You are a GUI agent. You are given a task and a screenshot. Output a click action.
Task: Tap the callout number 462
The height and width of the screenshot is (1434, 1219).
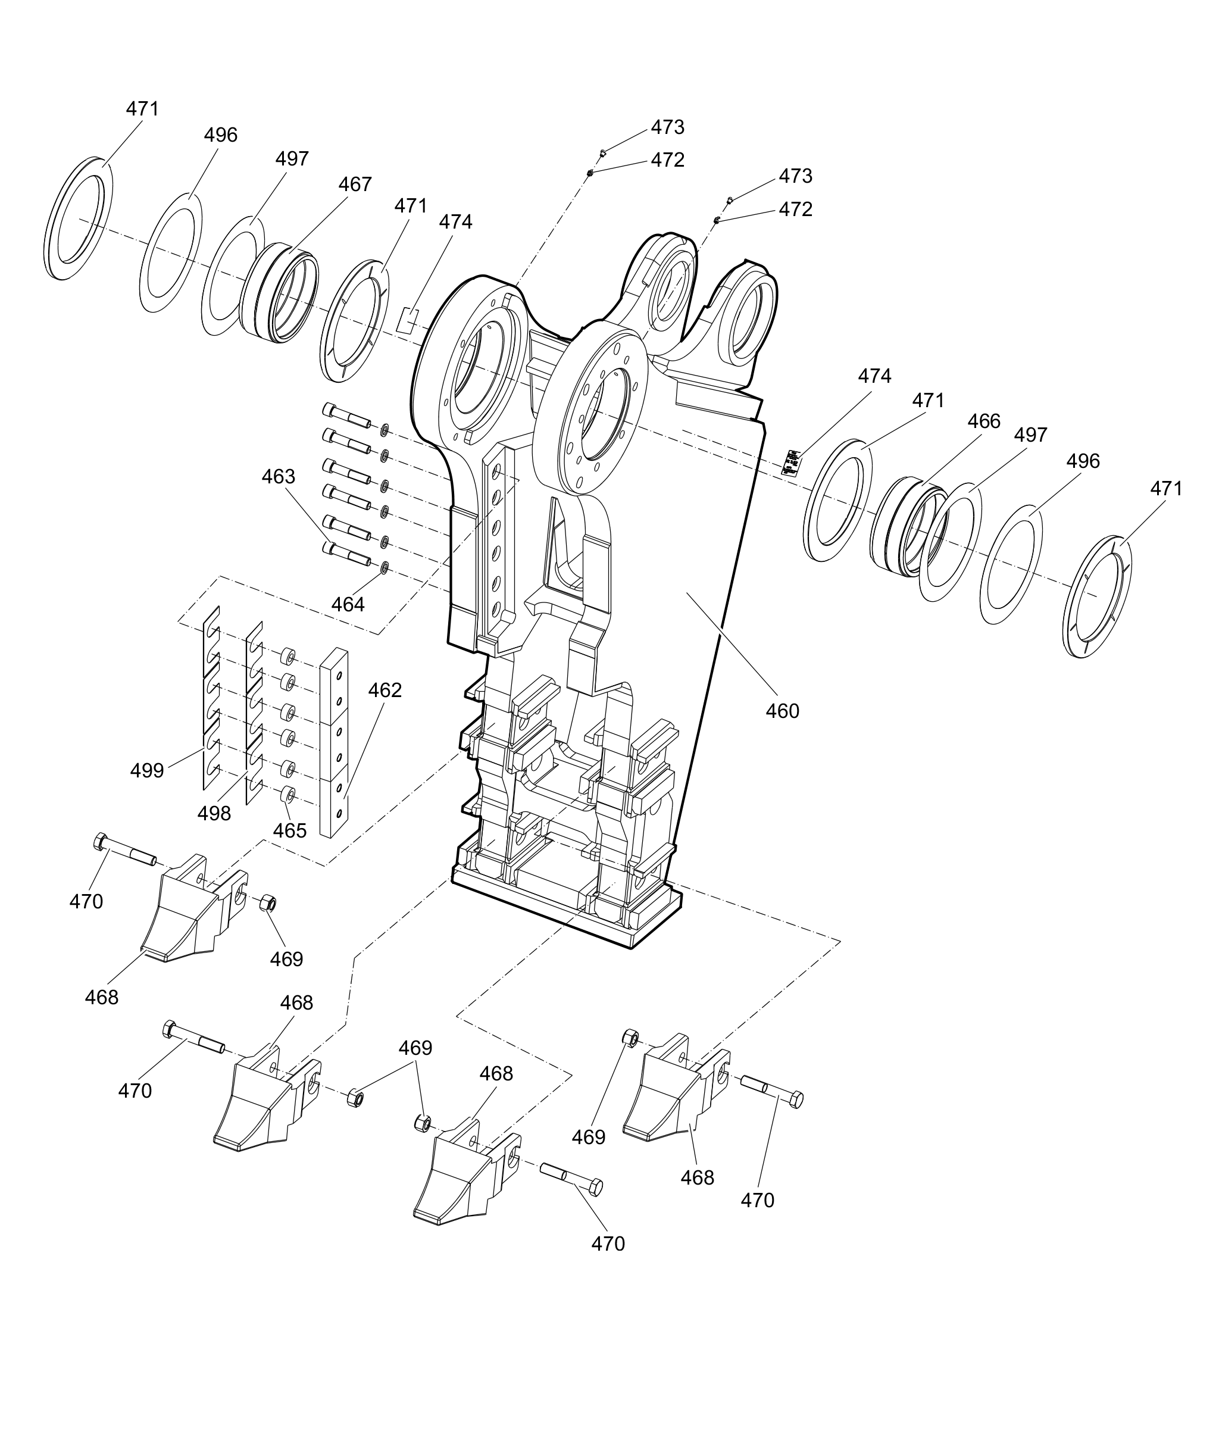coord(385,690)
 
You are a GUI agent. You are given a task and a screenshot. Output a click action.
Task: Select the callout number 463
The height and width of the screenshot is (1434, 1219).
coord(279,476)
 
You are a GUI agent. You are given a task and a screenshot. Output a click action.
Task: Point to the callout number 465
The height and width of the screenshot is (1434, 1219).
coord(289,830)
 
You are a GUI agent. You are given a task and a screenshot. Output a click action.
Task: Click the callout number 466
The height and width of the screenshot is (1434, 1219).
coord(984,421)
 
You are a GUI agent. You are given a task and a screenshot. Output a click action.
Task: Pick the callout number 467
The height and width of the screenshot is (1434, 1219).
coord(355,184)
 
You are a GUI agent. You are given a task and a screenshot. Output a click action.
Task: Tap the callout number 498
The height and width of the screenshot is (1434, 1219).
coord(214,813)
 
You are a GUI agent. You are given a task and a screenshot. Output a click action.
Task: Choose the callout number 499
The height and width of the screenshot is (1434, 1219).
coord(147,770)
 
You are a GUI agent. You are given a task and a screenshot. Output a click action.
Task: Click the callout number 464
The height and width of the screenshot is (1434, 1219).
coord(348,604)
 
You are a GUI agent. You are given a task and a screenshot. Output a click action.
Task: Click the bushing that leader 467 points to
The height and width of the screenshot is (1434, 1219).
coord(279,292)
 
